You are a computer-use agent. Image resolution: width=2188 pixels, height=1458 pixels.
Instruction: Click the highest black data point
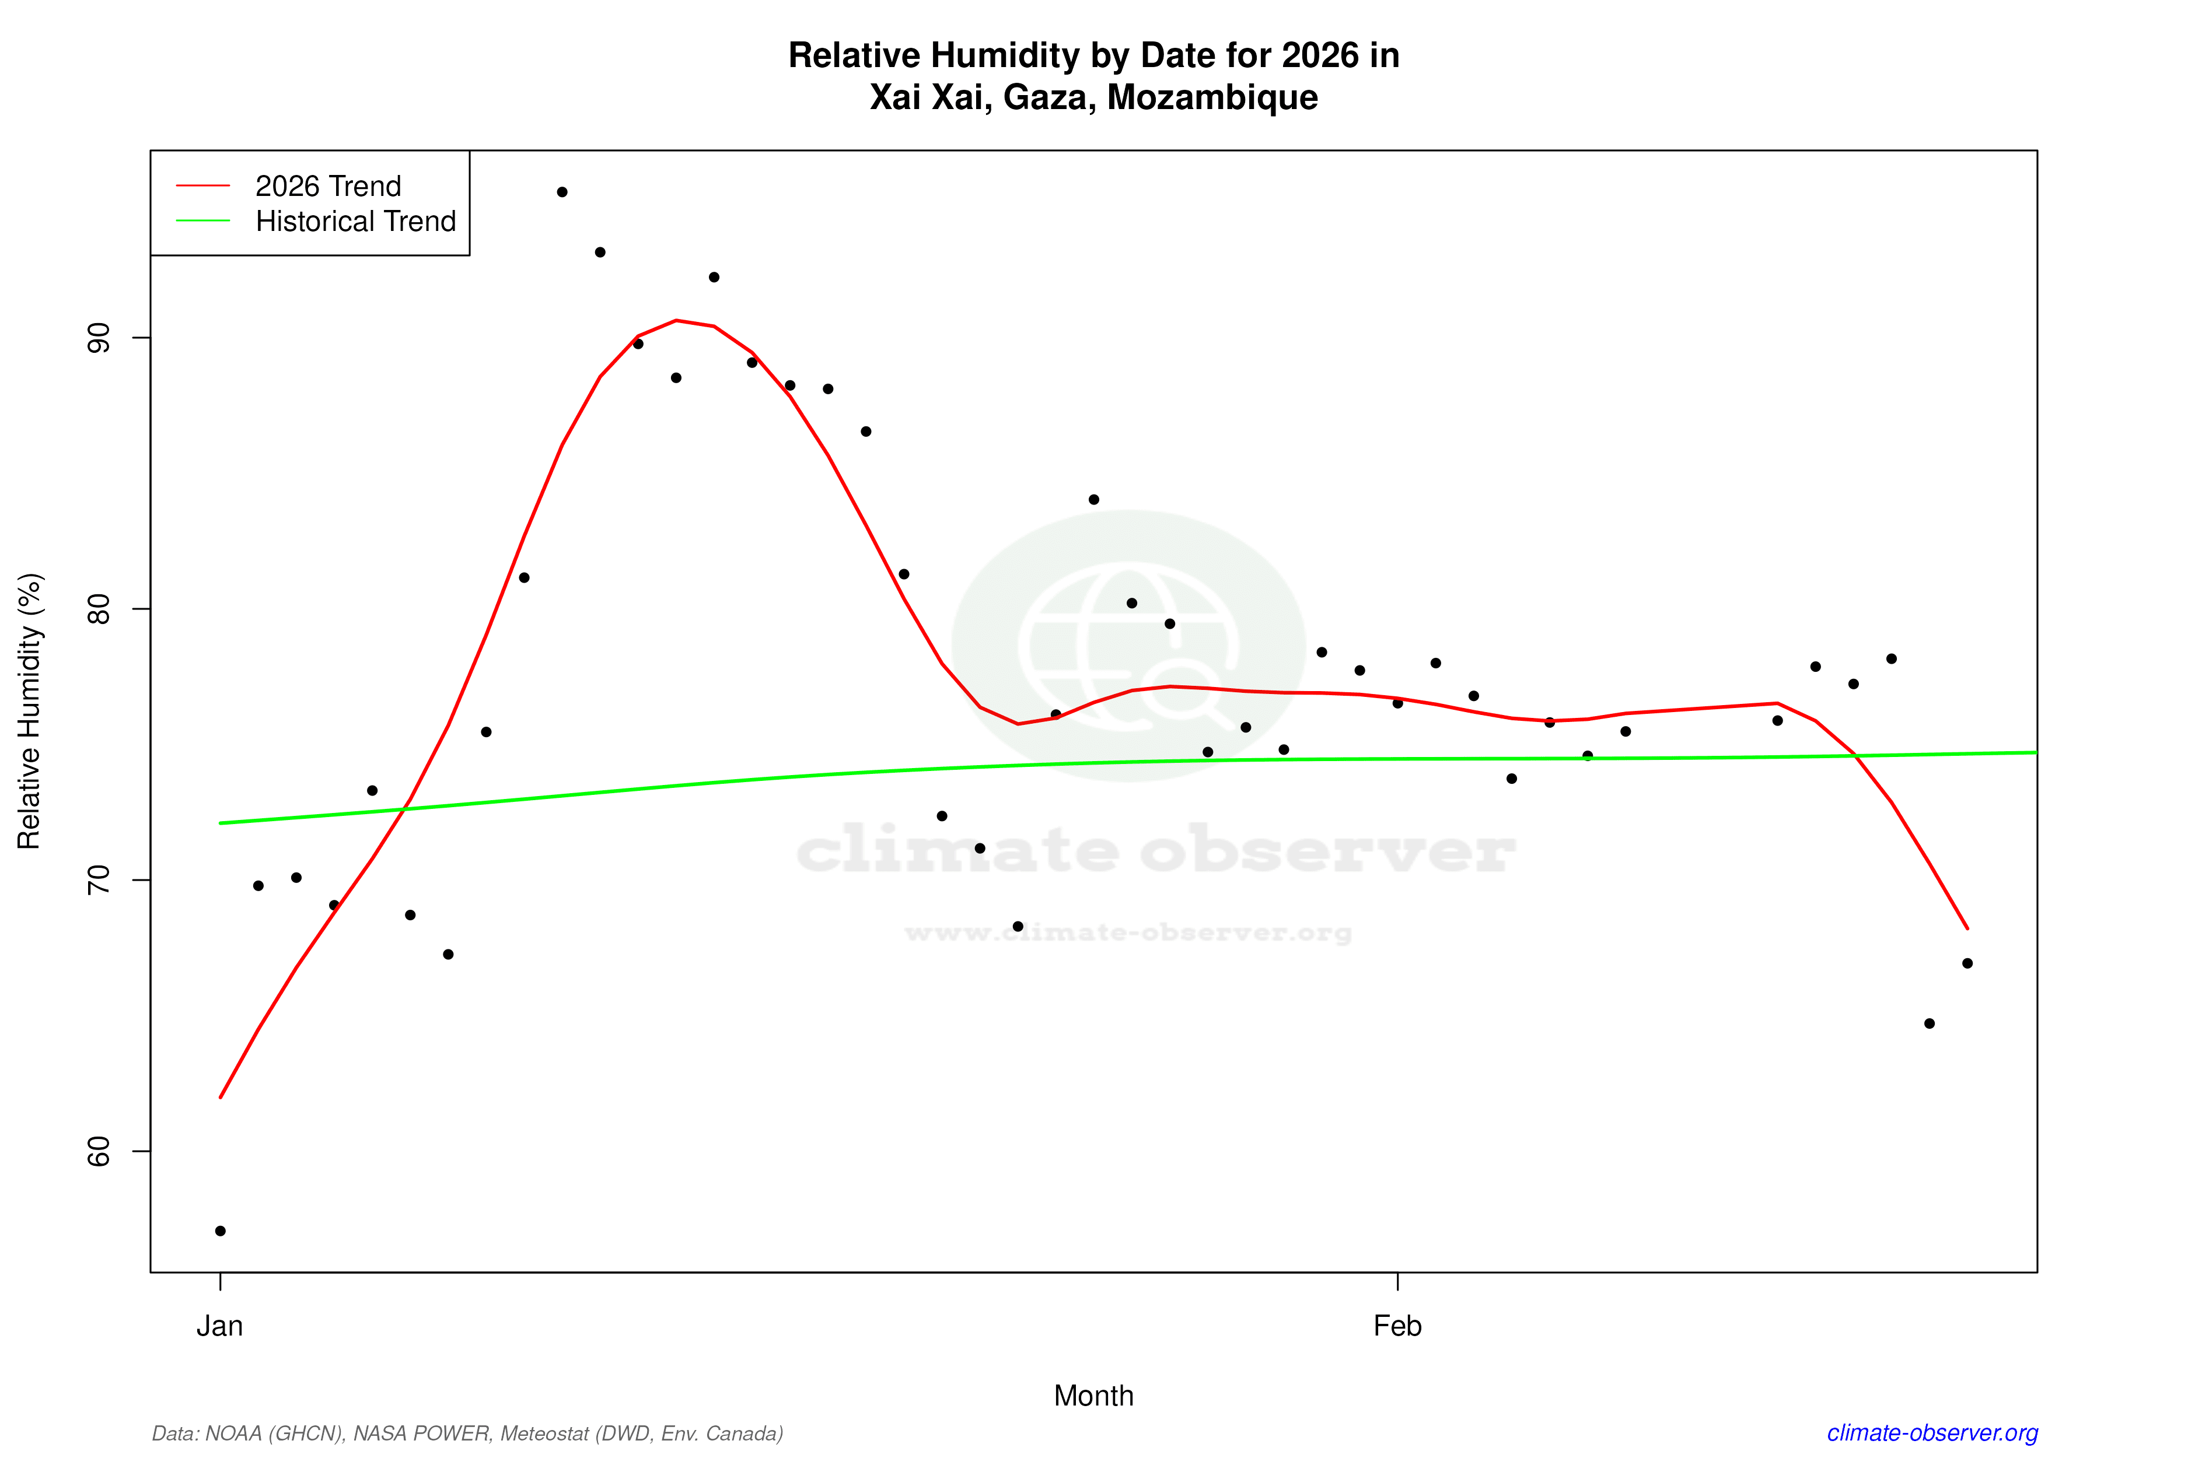pyautogui.click(x=562, y=192)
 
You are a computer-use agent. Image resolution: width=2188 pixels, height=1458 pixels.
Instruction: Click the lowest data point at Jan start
pyautogui.click(x=221, y=1231)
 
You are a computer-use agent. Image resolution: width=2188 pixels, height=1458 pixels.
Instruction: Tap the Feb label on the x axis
pyautogui.click(x=1397, y=1326)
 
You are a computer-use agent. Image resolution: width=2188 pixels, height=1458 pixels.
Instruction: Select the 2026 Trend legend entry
pyautogui.click(x=327, y=186)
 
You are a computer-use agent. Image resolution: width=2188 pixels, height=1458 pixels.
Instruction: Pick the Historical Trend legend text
pyautogui.click(x=355, y=221)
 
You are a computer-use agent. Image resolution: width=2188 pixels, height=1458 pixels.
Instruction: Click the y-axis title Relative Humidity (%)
pyautogui.click(x=30, y=712)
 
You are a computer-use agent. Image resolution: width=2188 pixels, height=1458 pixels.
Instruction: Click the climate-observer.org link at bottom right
pyautogui.click(x=1932, y=1433)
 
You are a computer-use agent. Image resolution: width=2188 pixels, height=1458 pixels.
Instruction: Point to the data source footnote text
pyautogui.click(x=467, y=1433)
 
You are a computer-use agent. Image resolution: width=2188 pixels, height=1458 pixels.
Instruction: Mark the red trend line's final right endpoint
pyautogui.click(x=1967, y=928)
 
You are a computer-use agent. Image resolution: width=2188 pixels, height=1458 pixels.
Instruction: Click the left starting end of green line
pyautogui.click(x=221, y=823)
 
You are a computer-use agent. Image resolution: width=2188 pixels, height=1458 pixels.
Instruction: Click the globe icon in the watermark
pyautogui.click(x=1128, y=646)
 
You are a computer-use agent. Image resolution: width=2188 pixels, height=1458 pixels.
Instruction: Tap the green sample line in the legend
pyautogui.click(x=203, y=220)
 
